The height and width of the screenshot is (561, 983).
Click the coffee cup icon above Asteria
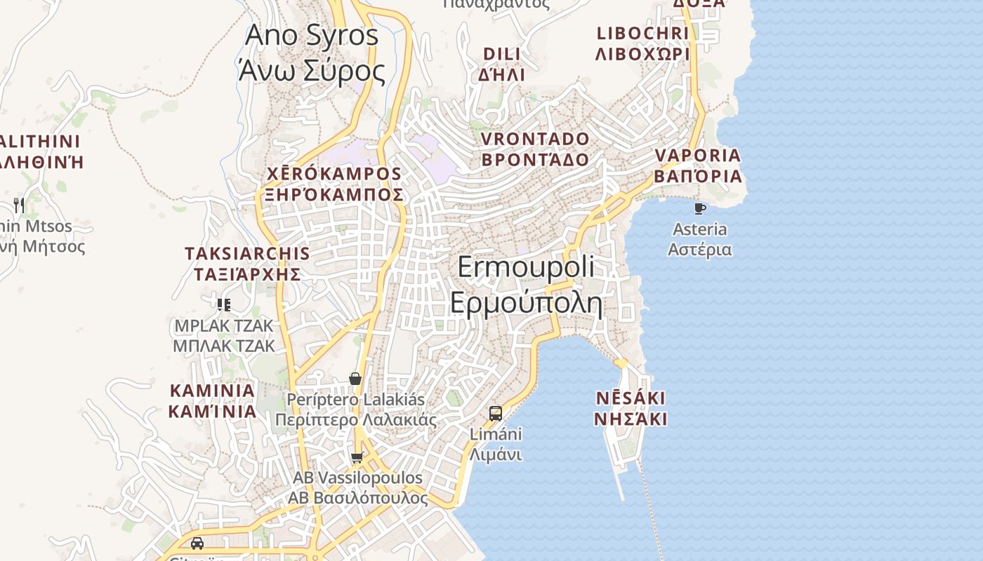(699, 208)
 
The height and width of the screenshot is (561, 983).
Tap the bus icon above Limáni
(496, 413)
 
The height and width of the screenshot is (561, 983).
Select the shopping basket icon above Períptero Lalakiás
(355, 379)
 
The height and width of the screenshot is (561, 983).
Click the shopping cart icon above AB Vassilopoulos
(357, 458)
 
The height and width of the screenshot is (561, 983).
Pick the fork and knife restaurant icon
(19, 205)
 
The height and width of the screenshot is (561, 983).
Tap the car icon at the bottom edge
(197, 543)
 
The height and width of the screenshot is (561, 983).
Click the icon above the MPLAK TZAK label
(224, 304)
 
